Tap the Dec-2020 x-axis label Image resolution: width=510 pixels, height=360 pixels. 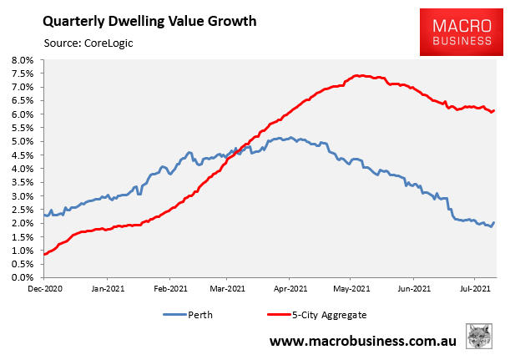click(x=45, y=288)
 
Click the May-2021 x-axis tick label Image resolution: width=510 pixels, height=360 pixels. click(x=351, y=288)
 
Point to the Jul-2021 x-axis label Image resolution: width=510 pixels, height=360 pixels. click(x=472, y=288)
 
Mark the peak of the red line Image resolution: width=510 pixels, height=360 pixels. click(x=356, y=76)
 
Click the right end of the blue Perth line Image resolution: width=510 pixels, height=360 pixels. click(x=494, y=222)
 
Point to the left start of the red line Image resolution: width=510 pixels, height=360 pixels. click(x=43, y=254)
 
